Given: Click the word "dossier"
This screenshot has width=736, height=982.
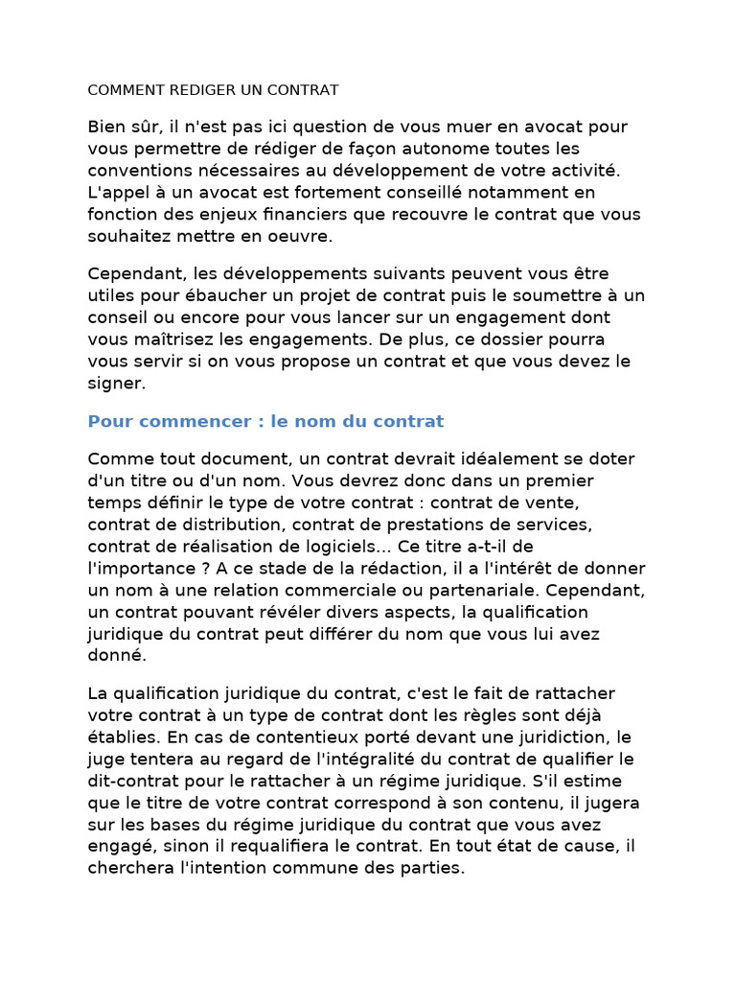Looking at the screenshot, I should click(520, 339).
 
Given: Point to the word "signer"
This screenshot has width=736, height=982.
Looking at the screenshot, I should click(114, 384).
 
